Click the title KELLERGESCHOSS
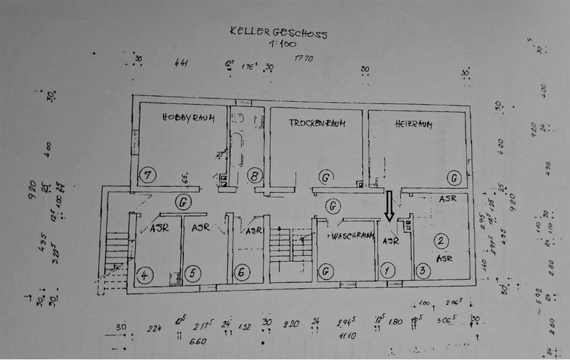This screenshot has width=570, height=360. pos(278,33)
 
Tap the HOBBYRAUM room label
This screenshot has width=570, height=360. pos(188,118)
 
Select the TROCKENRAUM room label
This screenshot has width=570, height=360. pos(317,123)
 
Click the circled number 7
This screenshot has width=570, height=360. pos(148,176)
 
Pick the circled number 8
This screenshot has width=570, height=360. pos(254,176)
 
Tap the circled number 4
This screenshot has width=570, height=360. pos(144,276)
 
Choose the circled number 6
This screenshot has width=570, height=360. pos(241,273)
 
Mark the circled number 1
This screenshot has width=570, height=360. pos(387,270)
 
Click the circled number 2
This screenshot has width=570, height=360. pos(441,241)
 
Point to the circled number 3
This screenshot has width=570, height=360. pos(423,270)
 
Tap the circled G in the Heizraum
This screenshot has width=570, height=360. pos(453,178)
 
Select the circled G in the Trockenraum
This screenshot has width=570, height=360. pos(324,177)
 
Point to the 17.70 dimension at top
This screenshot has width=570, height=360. pos(304,59)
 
